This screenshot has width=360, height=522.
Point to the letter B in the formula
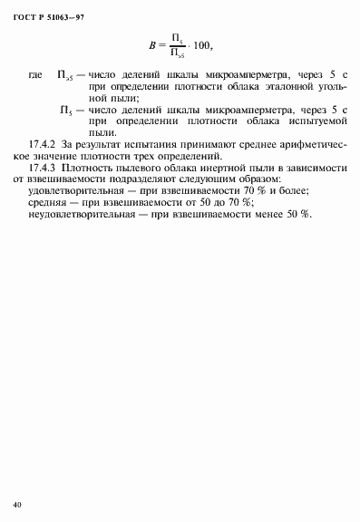point(151,44)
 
